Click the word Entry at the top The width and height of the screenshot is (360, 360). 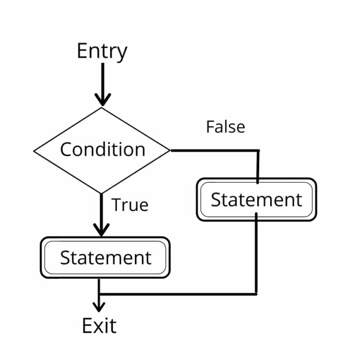coord(102,51)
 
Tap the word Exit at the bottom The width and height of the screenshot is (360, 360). coord(99,325)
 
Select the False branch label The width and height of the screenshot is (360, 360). coord(225,127)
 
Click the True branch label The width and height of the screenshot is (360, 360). coord(129,205)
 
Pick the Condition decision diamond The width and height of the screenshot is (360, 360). coord(102,150)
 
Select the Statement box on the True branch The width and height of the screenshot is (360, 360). coord(105,257)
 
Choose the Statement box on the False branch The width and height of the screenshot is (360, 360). coord(256,200)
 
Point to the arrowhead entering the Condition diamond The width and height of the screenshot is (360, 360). coord(102,99)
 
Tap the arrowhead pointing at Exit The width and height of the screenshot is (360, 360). coord(99,307)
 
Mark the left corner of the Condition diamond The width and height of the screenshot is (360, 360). coord(35,151)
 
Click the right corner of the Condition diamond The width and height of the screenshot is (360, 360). coord(169,150)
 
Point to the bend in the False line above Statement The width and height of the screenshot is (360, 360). coord(257,151)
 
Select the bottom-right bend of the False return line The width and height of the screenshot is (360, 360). coord(256,293)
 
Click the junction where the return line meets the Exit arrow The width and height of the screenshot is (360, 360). coord(99,294)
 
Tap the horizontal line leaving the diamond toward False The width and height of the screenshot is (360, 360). coord(213,150)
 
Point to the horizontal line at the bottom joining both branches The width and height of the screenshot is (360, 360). coord(178,294)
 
